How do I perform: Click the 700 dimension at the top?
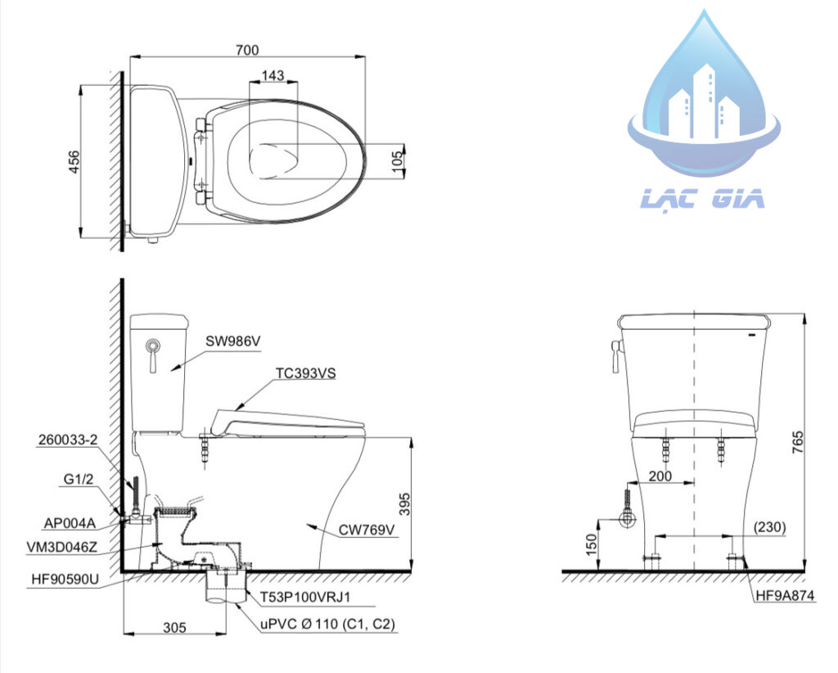[x=246, y=50]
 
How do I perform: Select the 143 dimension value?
[x=273, y=76]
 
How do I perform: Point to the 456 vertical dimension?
[x=74, y=161]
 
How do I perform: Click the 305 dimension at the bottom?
[x=173, y=627]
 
